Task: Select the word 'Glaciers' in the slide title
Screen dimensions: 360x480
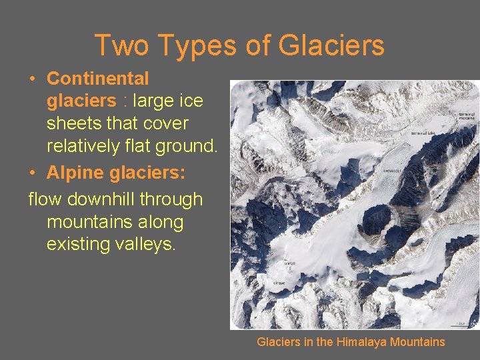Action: click(331, 45)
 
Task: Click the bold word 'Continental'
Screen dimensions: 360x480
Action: click(97, 79)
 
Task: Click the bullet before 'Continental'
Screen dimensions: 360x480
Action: click(33, 79)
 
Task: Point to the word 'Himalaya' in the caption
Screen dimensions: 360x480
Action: click(364, 342)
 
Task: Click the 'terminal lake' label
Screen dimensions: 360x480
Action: click(423, 133)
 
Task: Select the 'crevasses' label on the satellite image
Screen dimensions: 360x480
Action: click(391, 171)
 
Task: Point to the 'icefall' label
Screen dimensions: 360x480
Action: click(289, 263)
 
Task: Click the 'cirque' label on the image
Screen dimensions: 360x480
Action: click(279, 283)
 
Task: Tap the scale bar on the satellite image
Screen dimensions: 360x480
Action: click(460, 323)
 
